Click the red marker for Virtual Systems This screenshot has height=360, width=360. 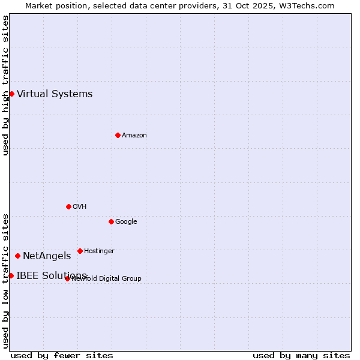point(11,94)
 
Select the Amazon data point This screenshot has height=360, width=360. point(118,135)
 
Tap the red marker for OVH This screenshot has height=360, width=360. point(68,206)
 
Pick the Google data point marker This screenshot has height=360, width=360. point(111,221)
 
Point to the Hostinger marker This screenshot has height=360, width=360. point(80,251)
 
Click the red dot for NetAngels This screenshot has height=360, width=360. point(17,256)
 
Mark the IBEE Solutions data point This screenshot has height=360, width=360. point(11,275)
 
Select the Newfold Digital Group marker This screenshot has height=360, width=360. point(67,278)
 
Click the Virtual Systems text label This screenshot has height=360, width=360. point(55,94)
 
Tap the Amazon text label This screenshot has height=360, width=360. point(134,135)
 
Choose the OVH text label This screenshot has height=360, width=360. point(80,206)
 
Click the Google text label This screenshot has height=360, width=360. point(126,221)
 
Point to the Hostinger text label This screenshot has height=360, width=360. point(99,251)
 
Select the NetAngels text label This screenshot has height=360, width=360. point(47,256)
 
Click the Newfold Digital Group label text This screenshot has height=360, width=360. point(107,278)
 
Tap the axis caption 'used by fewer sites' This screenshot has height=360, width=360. point(62,355)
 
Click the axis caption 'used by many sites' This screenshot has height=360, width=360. point(301,355)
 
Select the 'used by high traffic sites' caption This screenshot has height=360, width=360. point(5,85)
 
